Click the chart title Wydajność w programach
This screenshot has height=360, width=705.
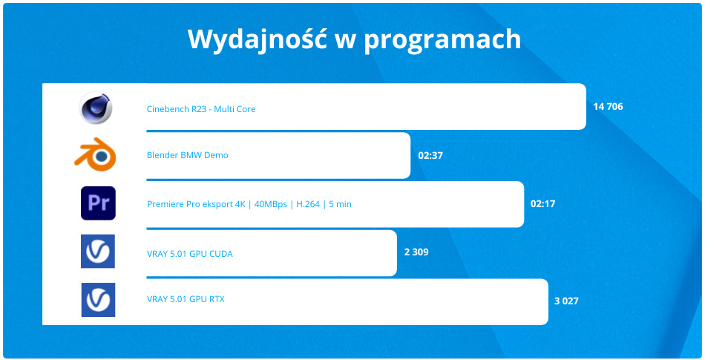click(354, 39)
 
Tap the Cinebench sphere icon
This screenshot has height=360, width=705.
click(96, 108)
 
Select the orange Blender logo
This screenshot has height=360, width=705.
click(96, 155)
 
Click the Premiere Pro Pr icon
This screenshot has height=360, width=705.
click(98, 203)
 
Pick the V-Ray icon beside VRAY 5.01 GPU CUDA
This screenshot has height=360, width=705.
click(98, 251)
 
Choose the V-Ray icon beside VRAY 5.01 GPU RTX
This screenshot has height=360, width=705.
click(98, 300)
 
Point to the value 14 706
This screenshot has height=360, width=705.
click(608, 107)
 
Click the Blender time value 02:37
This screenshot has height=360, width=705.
click(430, 155)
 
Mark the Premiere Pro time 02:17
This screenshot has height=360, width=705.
click(542, 203)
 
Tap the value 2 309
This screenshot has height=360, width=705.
click(416, 252)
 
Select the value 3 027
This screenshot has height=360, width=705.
click(566, 301)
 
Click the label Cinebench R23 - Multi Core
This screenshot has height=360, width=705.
click(201, 109)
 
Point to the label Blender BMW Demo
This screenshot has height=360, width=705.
click(188, 155)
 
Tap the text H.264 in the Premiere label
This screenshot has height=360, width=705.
click(308, 204)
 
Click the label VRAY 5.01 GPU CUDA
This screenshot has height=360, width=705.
click(190, 254)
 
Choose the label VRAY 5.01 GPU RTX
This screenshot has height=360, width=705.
click(186, 300)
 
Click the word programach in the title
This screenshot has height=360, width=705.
click(442, 39)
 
